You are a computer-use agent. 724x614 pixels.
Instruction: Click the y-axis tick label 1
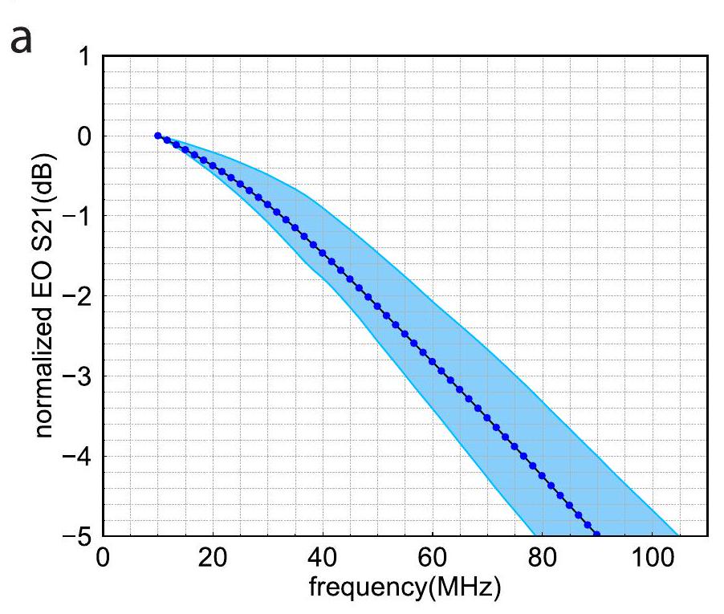coord(84,57)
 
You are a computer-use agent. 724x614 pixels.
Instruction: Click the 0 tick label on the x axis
coord(103,557)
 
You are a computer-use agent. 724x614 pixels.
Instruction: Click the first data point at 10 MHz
coord(157,136)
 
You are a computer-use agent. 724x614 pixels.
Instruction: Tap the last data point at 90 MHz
coord(596,533)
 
